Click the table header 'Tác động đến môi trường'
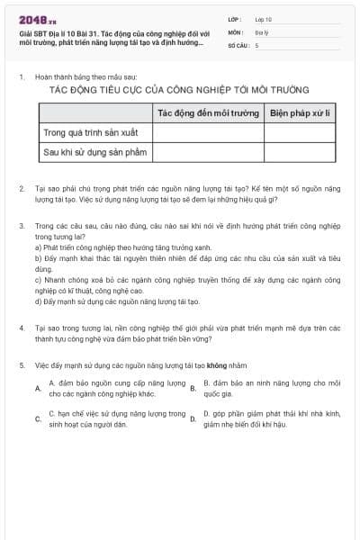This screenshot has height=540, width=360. (208, 113)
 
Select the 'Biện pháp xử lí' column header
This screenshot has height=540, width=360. (301, 113)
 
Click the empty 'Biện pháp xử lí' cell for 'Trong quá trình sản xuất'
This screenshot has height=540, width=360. (301, 133)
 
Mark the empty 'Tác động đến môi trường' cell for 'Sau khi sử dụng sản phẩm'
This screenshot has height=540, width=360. (208, 153)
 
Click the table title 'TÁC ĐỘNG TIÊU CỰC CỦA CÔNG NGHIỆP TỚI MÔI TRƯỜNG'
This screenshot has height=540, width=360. (179, 90)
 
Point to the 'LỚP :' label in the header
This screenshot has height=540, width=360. (235, 19)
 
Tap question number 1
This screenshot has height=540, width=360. (21, 77)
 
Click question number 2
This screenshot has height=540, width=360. (21, 189)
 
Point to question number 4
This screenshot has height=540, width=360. (21, 328)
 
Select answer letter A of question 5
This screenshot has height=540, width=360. (38, 389)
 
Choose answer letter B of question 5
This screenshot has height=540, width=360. (193, 389)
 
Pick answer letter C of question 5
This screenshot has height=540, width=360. (38, 419)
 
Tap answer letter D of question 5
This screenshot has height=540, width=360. (193, 419)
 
